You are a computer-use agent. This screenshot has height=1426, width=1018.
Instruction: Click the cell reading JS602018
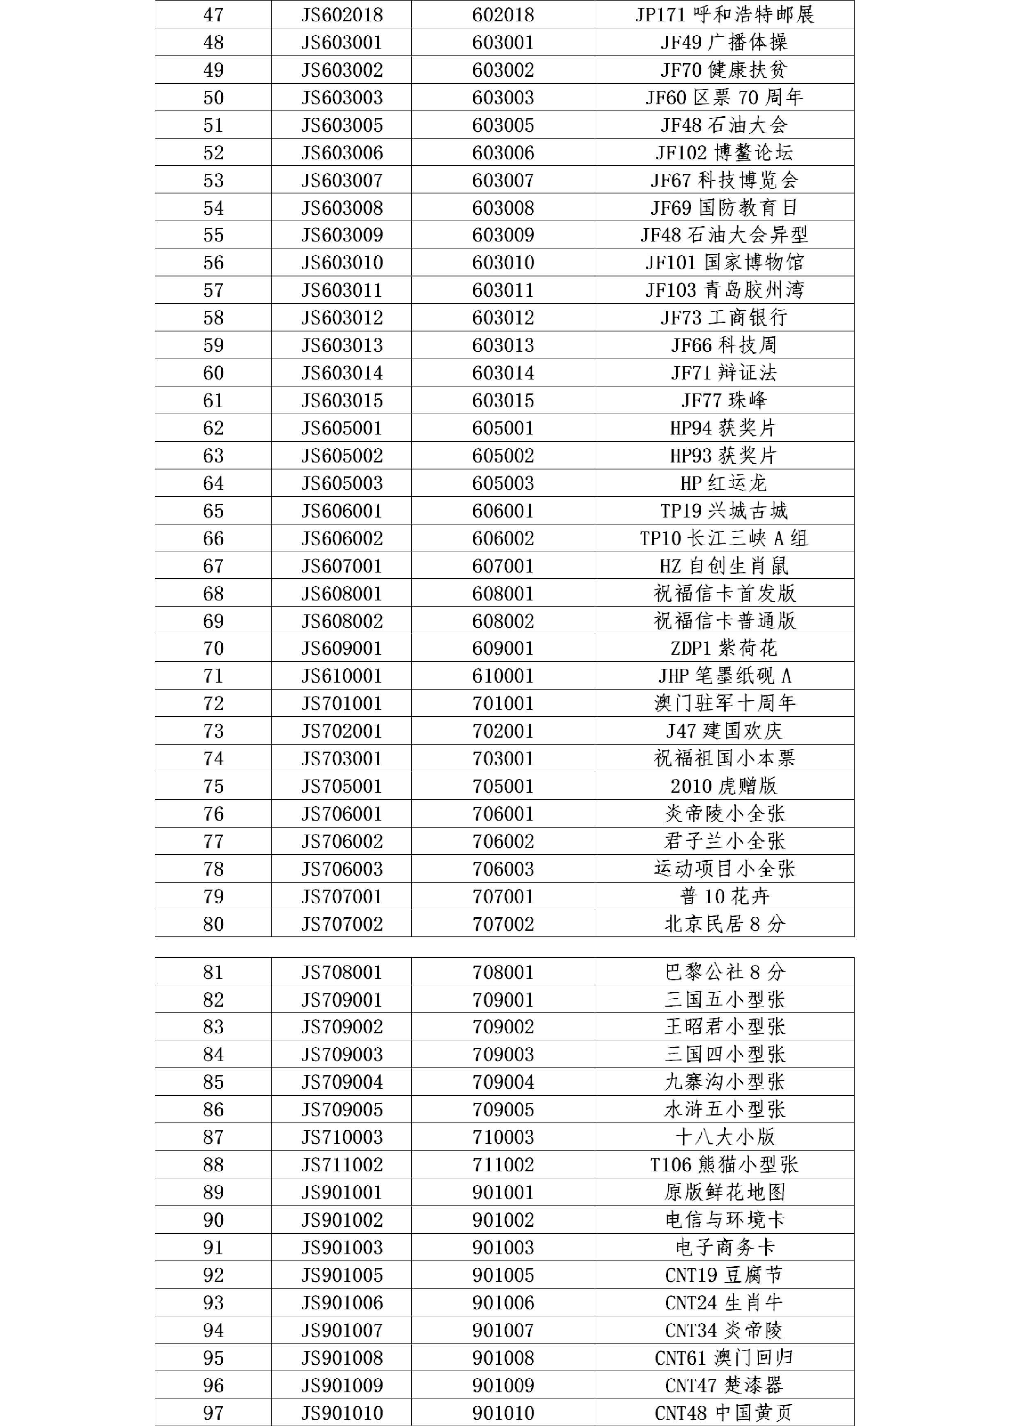[342, 14]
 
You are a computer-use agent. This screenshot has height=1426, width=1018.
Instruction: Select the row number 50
[213, 97]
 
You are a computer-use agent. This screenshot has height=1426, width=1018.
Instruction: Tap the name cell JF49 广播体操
[724, 42]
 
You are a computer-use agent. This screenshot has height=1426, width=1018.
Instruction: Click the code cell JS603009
[342, 235]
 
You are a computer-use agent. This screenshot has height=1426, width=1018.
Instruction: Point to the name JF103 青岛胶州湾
[724, 290]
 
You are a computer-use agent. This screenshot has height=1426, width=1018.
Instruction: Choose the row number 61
[213, 400]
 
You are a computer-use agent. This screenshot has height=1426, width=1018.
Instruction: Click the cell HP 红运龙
[724, 483]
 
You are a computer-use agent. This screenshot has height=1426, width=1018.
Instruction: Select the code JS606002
[342, 538]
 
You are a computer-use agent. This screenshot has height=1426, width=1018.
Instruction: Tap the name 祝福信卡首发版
[724, 593]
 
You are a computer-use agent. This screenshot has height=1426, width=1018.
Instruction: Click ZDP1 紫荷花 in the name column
[724, 648]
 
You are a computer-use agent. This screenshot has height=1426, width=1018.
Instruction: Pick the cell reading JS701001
[342, 703]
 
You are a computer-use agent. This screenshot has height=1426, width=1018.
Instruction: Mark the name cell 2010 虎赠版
[724, 786]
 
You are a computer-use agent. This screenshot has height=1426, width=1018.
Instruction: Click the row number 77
[213, 841]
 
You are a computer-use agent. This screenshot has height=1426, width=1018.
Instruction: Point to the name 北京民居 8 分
[724, 924]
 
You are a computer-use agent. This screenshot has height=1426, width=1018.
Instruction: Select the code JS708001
[342, 972]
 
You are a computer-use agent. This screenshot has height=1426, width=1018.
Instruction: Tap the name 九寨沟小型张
[724, 1082]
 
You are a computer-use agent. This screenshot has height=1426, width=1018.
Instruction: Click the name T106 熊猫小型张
[724, 1164]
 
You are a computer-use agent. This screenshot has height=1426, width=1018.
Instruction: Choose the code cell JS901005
[342, 1275]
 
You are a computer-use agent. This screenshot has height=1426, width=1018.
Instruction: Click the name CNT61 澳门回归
[724, 1358]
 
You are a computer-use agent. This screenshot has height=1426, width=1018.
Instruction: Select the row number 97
[213, 1413]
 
